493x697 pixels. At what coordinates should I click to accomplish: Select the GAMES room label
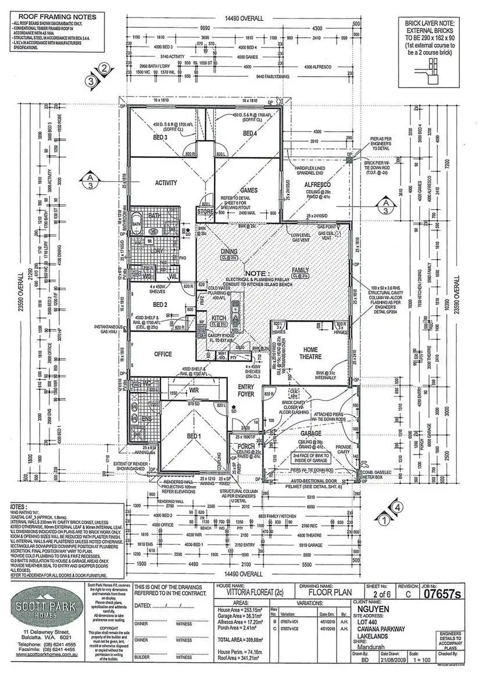[x=249, y=190]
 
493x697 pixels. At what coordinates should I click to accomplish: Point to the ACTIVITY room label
[x=166, y=183]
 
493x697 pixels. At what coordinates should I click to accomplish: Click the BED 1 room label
[x=193, y=436]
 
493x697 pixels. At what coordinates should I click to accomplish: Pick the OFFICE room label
[x=163, y=354]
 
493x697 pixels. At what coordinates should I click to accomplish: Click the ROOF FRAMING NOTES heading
[x=36, y=18]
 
